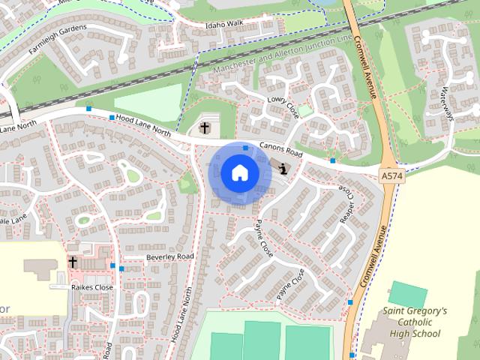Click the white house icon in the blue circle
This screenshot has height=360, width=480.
(x=239, y=172)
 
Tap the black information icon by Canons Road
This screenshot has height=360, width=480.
(x=283, y=168)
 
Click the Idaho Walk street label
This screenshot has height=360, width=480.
(x=226, y=24)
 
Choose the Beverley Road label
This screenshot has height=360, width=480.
(x=169, y=256)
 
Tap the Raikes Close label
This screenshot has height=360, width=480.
(x=91, y=287)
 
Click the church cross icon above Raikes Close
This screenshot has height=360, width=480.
(x=73, y=262)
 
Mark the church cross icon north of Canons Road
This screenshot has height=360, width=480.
(x=205, y=128)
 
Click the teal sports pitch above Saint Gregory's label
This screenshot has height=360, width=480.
(x=409, y=293)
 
